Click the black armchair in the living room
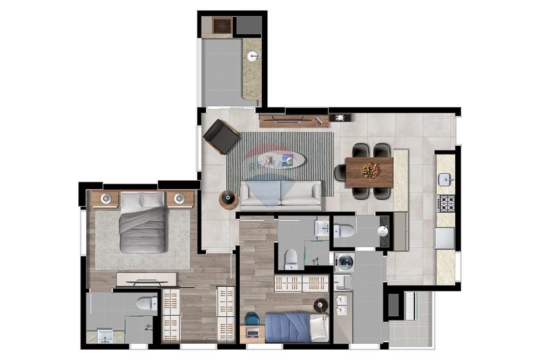click(221, 137)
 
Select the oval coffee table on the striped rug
click(280, 160)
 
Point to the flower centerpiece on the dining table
click(370, 171)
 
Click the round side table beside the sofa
click(228, 200)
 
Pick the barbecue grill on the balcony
click(221, 25)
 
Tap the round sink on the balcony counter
click(252, 56)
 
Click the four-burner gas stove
click(446, 203)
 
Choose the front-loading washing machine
click(345, 263)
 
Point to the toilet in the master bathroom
click(146, 303)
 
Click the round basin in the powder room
click(383, 232)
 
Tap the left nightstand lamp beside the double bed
click(106, 199)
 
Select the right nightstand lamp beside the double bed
click(179, 199)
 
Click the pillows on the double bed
click(143, 200)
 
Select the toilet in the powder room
click(343, 232)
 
